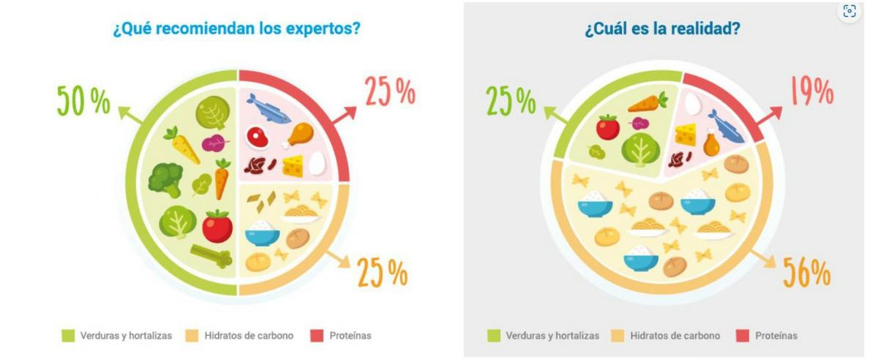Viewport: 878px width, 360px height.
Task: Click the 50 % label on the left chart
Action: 83,100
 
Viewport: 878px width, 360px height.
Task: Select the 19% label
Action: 810,91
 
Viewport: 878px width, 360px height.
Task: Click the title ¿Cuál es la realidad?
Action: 661,30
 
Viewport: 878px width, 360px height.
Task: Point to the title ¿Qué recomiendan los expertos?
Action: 237,30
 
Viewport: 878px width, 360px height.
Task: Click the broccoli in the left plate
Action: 165,179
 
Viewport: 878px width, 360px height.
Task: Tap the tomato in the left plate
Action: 217,226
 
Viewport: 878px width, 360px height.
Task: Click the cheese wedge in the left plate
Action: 293,166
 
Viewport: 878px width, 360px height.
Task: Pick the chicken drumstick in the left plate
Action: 300,135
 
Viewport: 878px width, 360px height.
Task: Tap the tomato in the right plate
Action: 607,127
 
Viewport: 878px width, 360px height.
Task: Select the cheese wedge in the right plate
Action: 686,134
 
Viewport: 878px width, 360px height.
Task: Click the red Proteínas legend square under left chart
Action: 316,336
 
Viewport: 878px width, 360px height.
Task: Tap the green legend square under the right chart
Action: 495,336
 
